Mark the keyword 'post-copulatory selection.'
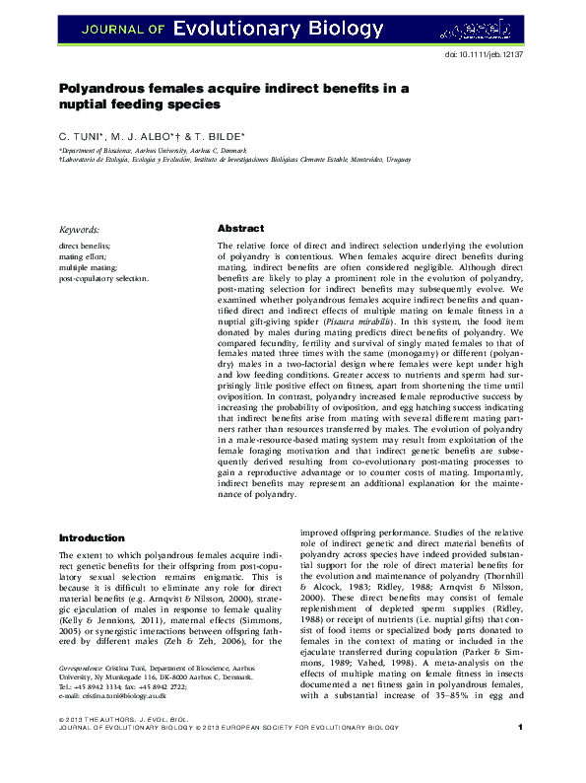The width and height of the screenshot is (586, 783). tap(104, 278)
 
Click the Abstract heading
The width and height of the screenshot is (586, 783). tap(240, 227)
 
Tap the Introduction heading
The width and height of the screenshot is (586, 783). tap(92, 538)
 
